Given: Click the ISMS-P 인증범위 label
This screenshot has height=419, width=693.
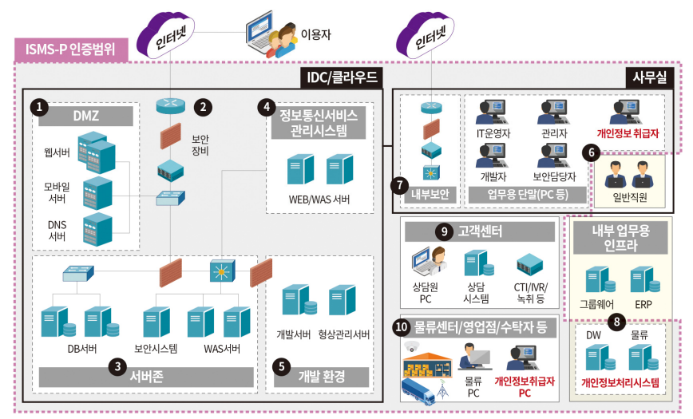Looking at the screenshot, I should (x=70, y=50).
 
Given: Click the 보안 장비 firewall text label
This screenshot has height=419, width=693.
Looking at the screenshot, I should (x=201, y=144).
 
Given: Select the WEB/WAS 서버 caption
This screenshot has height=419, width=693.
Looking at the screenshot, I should (x=319, y=200).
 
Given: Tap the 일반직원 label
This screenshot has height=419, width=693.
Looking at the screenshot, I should (x=628, y=196).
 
